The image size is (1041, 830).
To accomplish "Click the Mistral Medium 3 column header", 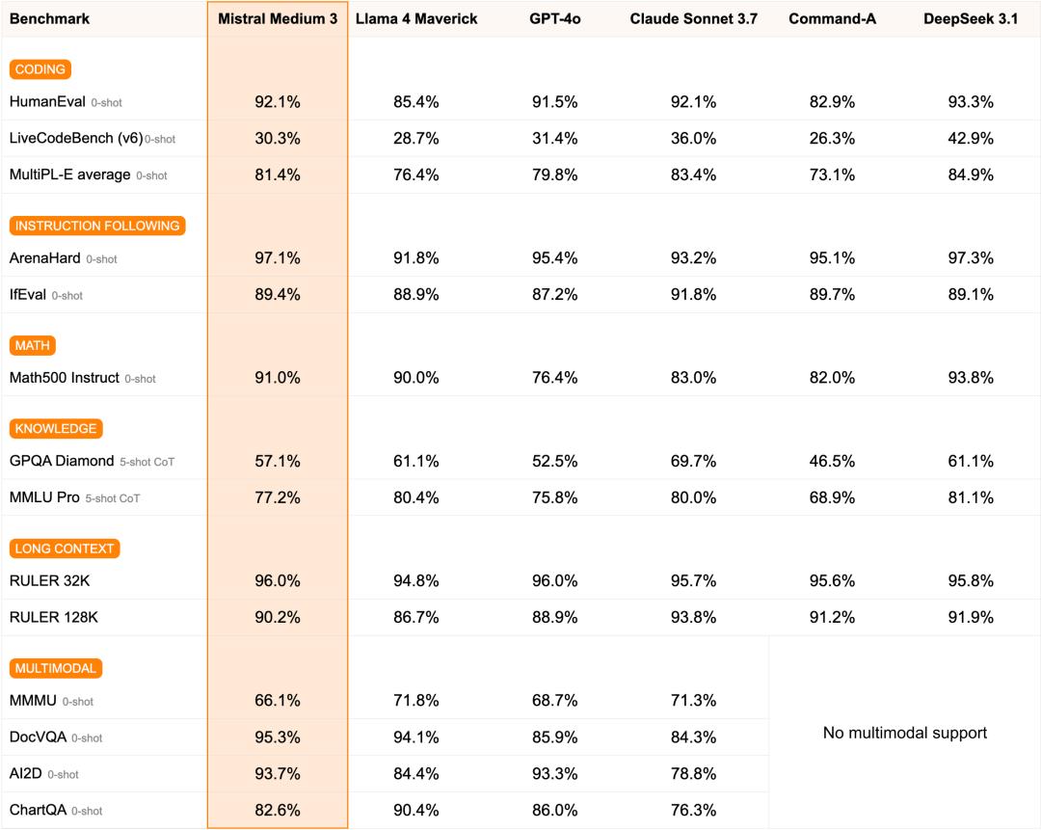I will [x=278, y=19].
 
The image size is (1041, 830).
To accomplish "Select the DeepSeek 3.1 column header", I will [x=971, y=19].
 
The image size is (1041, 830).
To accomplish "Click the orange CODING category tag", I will [x=40, y=69].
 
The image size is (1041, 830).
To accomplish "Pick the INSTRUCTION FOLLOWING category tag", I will [x=97, y=226].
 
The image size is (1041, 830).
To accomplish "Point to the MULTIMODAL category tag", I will [x=56, y=668].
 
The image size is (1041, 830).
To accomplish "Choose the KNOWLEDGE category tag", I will [x=56, y=429].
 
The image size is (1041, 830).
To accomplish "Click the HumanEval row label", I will [x=47, y=101].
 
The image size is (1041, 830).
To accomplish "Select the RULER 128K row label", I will [x=54, y=617].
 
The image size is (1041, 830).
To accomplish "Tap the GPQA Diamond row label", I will [x=62, y=461].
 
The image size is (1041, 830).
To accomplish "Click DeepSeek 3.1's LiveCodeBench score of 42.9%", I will [x=971, y=138].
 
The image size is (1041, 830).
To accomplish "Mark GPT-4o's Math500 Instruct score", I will [x=554, y=378].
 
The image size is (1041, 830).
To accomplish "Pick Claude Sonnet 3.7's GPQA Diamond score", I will [x=693, y=461].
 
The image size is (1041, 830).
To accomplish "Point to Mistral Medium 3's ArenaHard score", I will [x=278, y=258].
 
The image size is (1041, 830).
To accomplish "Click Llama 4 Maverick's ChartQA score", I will [x=415, y=810].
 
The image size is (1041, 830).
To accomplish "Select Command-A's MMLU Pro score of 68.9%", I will [x=832, y=497].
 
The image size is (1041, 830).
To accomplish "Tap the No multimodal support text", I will [x=905, y=733].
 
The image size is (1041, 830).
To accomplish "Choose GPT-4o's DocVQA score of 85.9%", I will [x=554, y=737].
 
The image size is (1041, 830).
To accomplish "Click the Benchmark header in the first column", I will [x=49, y=19].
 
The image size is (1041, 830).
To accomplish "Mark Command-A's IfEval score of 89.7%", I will [x=832, y=295].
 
